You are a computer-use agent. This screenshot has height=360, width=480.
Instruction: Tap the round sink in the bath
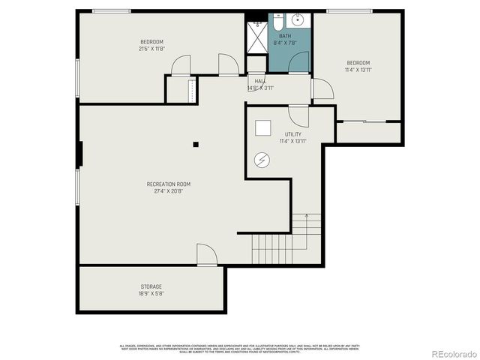pyautogui.click(x=297, y=20)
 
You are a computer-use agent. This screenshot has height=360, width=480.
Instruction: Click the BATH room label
pyautogui.click(x=285, y=36)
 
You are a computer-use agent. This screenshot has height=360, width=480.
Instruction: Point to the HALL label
pyautogui.click(x=259, y=81)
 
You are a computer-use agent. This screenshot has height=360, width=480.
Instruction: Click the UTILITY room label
pyautogui.click(x=292, y=134)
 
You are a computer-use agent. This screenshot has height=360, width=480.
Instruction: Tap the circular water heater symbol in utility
pyautogui.click(x=262, y=159)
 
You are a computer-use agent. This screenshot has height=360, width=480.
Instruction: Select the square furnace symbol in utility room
pyautogui.click(x=263, y=128)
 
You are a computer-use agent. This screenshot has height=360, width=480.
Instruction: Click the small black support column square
pyautogui.click(x=196, y=144)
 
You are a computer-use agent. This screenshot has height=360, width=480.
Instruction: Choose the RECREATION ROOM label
pyautogui.click(x=169, y=184)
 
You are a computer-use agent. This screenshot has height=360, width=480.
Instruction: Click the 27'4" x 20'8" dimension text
pyautogui.click(x=169, y=191)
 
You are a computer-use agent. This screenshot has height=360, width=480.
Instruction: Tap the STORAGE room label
pyautogui.click(x=151, y=286)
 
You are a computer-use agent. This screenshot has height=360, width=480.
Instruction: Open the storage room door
pyautogui.click(x=206, y=256)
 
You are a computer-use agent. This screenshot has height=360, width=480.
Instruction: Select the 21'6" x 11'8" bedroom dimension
pyautogui.click(x=151, y=49)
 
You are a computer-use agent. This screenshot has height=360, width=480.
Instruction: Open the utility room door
pyautogui.click(x=298, y=116)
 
